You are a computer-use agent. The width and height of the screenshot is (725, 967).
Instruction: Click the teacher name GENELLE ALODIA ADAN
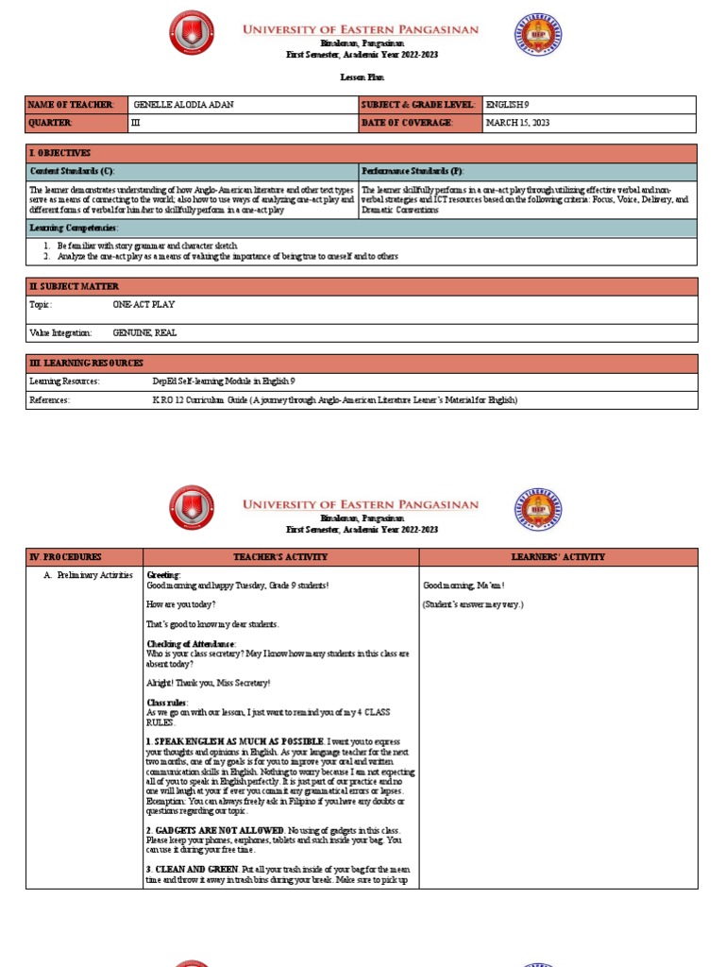coord(183,105)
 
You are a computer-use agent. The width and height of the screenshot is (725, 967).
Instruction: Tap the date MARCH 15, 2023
coord(517,123)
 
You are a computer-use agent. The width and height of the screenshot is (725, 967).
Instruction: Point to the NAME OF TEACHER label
coord(72,105)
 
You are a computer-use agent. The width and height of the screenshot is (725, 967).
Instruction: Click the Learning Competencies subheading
coord(75,228)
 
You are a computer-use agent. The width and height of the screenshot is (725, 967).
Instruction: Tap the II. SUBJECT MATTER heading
coord(74,286)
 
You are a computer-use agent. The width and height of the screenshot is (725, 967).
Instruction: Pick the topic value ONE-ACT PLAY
coord(143,305)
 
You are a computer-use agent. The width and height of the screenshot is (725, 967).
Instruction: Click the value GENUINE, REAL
coord(144,333)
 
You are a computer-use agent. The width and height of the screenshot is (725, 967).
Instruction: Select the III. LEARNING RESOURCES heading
coord(87,363)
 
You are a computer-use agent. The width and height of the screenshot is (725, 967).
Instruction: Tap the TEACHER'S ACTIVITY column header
coord(280,557)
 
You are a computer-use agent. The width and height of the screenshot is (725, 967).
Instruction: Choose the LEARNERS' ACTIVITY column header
coord(558,557)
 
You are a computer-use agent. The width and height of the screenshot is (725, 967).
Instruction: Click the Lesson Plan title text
coord(362,77)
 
